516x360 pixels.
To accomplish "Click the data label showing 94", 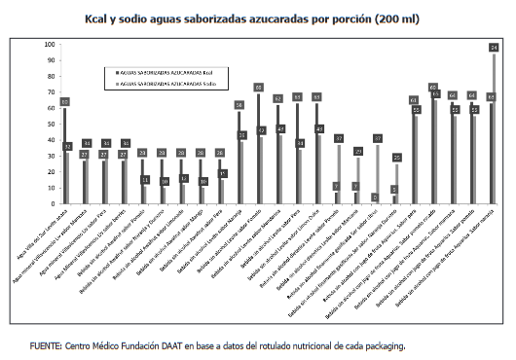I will (x=494, y=48).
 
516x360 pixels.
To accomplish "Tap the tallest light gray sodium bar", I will (x=494, y=126).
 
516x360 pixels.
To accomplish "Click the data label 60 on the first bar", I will (x=64, y=102).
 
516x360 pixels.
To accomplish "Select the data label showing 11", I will (x=145, y=180).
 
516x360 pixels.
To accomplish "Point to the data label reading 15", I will (x=222, y=174).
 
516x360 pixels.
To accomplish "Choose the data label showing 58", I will (x=239, y=105).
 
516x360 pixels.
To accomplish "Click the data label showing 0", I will (x=376, y=198).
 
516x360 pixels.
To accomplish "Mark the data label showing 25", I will (x=396, y=158).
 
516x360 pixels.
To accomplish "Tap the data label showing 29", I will (x=357, y=152).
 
